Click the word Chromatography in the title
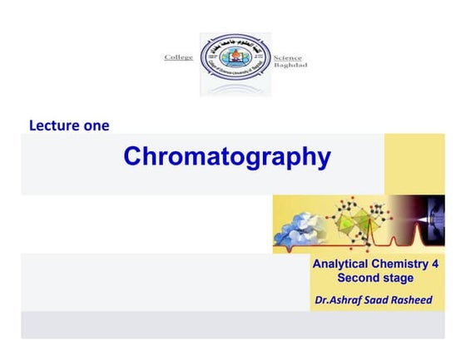[226, 156]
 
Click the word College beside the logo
[178, 57]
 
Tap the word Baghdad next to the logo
[290, 64]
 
